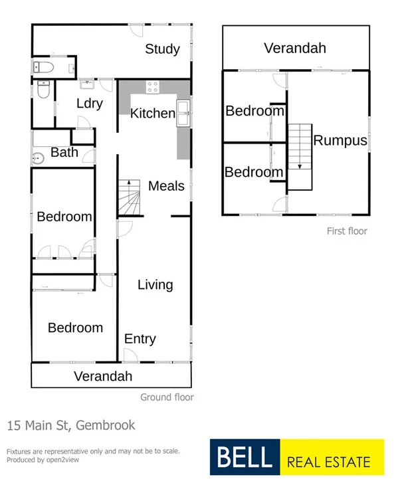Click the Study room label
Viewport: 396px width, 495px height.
point(163,49)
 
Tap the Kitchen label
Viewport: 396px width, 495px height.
point(152,113)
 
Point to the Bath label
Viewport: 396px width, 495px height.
point(64,152)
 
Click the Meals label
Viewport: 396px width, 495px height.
point(166,185)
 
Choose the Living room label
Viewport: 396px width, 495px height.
point(155,284)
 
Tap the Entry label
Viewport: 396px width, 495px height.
point(140,339)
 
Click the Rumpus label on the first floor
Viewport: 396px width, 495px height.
point(340,140)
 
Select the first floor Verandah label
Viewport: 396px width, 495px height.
point(295,48)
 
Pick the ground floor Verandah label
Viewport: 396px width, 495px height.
point(103,376)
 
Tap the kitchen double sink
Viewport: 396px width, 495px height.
point(184,114)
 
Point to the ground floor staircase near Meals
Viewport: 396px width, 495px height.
point(130,198)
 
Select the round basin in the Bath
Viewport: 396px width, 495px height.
point(38,158)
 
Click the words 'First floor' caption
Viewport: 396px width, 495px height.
point(347,231)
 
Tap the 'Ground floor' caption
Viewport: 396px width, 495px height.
point(167,397)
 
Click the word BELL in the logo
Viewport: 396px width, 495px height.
point(242,457)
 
